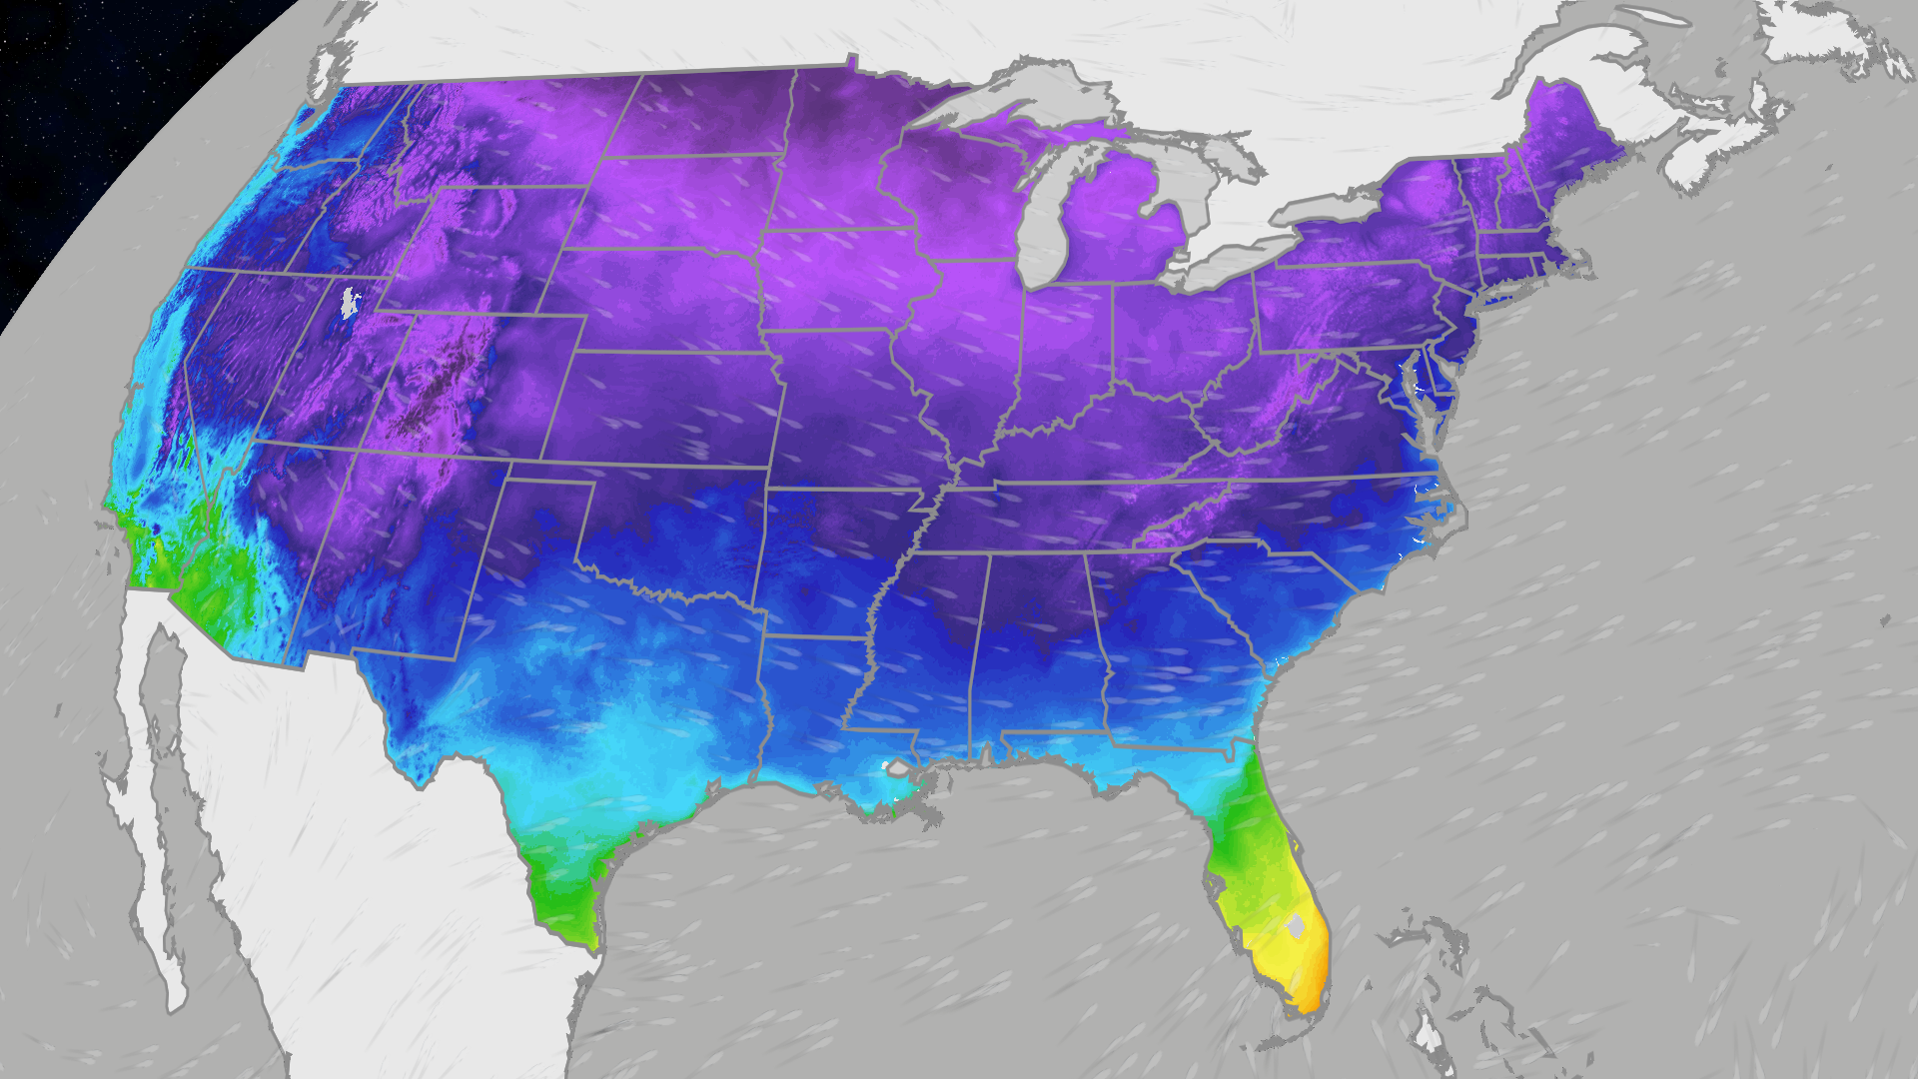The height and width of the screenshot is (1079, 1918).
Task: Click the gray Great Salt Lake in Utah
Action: pos(349,303)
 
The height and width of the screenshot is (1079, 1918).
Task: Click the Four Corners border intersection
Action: pos(356,451)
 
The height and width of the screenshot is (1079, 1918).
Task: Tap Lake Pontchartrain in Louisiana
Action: pos(897,769)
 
